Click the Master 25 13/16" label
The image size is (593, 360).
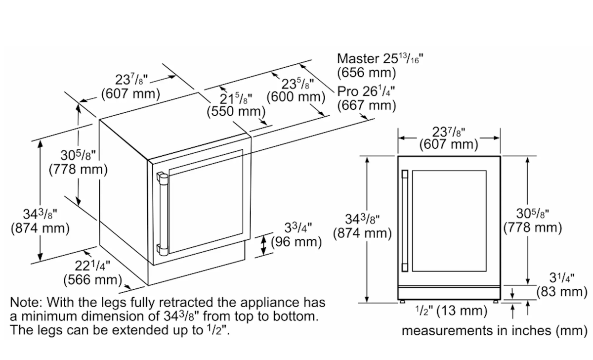[x=380, y=59]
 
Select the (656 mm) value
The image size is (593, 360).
[x=367, y=73]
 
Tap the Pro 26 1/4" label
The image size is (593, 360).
[x=366, y=91]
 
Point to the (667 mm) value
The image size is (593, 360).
[x=367, y=105]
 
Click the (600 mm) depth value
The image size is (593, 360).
[x=296, y=97]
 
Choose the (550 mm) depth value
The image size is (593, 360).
[x=236, y=111]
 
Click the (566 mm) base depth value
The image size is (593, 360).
[x=93, y=280]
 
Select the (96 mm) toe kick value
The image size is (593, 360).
[x=296, y=242]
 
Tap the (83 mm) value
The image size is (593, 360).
[x=562, y=292]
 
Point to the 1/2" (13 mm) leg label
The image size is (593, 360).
[x=451, y=311]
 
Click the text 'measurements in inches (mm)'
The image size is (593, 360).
[x=495, y=331]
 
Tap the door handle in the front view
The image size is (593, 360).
[x=405, y=221]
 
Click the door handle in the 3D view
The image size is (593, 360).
[x=163, y=214]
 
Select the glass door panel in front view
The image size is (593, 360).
[x=449, y=221]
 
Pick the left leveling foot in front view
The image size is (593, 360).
[x=402, y=302]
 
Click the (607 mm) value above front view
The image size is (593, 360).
[x=449, y=144]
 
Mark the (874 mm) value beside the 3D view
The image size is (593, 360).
[x=40, y=228]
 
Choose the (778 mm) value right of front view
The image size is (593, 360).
[x=533, y=228]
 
